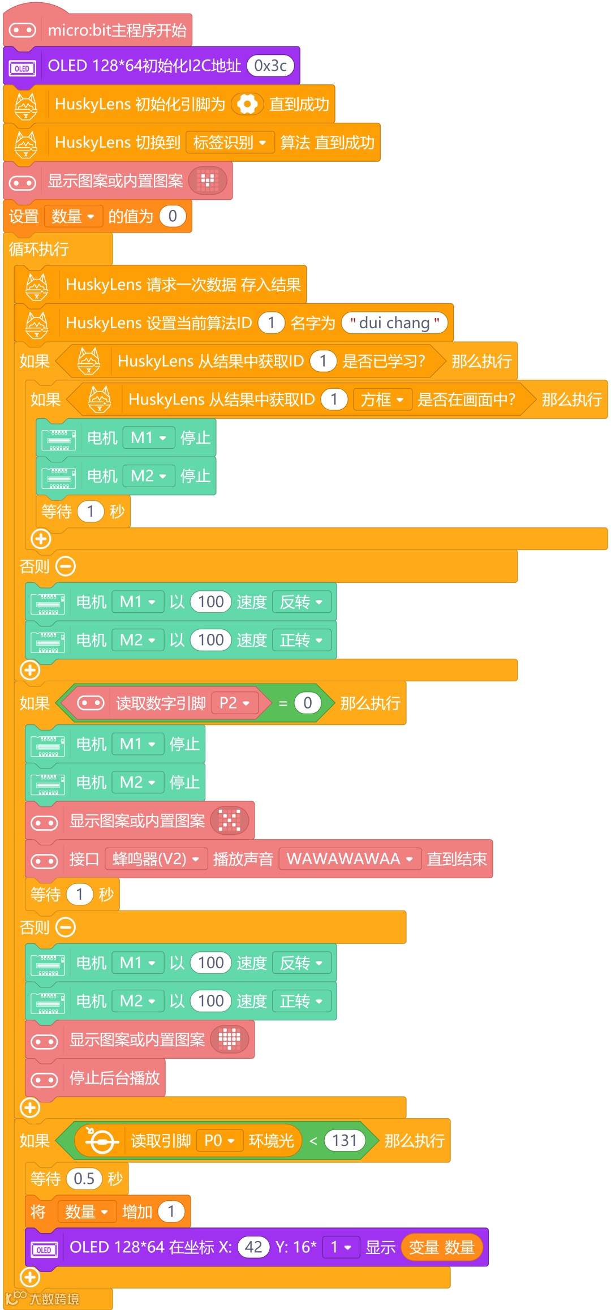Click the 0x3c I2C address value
[x=270, y=66]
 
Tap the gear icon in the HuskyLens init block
[x=247, y=104]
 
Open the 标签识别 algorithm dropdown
[x=230, y=143]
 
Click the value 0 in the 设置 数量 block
[x=173, y=216]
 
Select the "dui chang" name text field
[x=395, y=323]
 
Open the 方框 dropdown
[x=382, y=400]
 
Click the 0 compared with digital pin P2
[x=307, y=703]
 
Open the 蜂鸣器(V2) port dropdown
[x=156, y=859]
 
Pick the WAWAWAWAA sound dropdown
[x=350, y=859]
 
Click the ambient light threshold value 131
[x=345, y=1140]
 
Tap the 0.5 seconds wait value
[x=84, y=1179]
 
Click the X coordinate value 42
[x=253, y=1247]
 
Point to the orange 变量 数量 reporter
[x=441, y=1247]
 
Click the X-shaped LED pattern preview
[x=230, y=821]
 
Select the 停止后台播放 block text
[x=115, y=1078]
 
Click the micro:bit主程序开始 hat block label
[x=117, y=31]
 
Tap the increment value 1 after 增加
[x=171, y=1212]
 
